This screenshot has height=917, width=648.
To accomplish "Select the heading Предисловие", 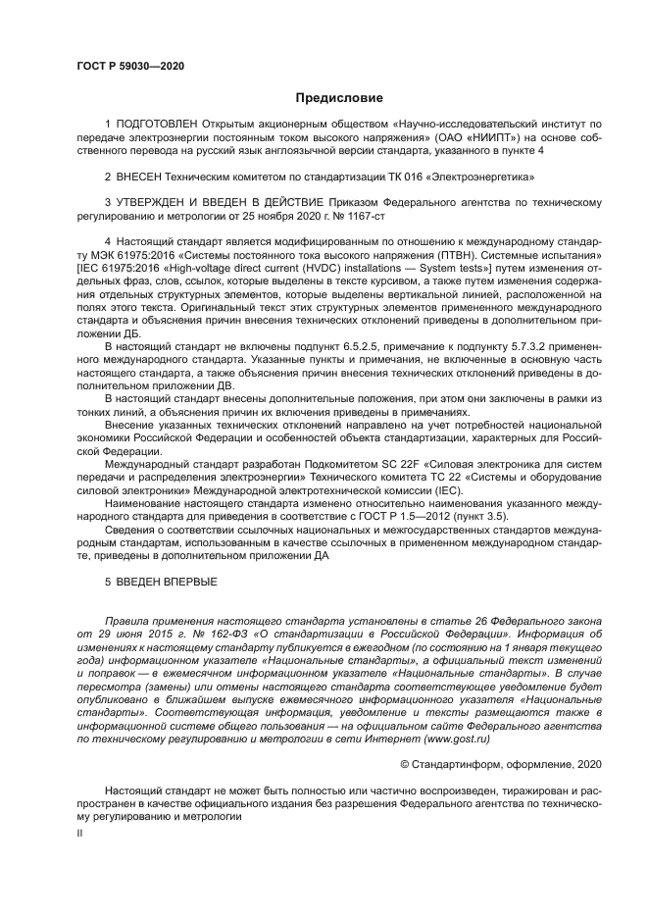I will pyautogui.click(x=339, y=98).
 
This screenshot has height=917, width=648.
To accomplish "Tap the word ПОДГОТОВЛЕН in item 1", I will pyautogui.click(x=158, y=126).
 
